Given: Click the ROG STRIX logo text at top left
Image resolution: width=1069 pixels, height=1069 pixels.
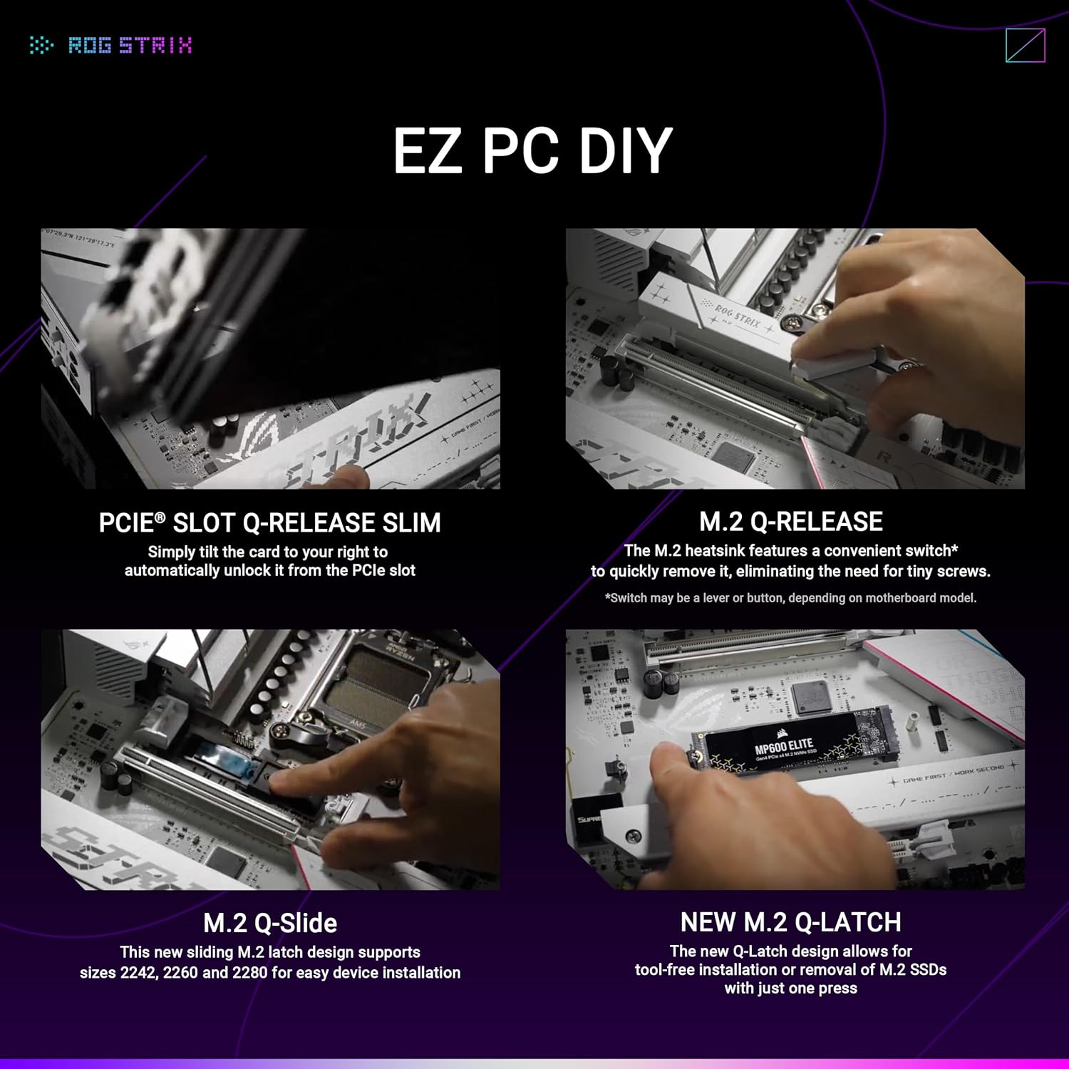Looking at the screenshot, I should [130, 46].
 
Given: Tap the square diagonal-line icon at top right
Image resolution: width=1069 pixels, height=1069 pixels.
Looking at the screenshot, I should [1025, 46].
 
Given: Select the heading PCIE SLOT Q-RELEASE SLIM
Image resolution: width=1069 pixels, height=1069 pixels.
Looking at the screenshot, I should [269, 523].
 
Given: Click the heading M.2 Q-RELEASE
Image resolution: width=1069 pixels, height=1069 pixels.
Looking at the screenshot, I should [790, 522].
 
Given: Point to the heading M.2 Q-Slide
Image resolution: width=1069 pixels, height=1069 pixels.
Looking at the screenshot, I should [270, 923].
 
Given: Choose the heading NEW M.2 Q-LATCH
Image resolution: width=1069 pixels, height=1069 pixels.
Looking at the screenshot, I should [790, 922].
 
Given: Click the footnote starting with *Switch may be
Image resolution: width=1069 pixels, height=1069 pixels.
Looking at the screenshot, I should [790, 598].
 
